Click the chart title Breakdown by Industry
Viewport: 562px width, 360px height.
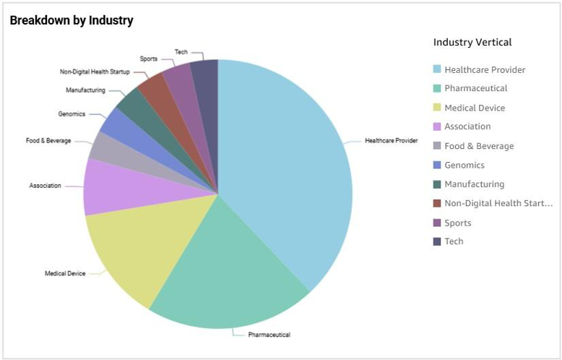(x=72, y=20)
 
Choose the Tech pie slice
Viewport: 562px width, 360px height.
(x=205, y=80)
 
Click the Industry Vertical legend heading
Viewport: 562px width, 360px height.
(x=472, y=42)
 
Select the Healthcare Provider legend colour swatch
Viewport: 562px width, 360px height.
(x=436, y=69)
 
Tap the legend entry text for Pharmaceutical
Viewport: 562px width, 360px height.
(x=476, y=88)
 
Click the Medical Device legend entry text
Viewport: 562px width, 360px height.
(x=475, y=108)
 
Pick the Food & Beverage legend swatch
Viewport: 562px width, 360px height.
(x=436, y=146)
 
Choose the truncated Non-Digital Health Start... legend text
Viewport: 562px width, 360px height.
(x=498, y=203)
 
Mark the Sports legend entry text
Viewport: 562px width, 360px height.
(x=458, y=223)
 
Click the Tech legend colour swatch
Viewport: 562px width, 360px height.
(x=436, y=241)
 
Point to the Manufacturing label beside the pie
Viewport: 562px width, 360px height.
(x=85, y=90)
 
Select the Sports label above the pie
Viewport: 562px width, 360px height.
(x=148, y=59)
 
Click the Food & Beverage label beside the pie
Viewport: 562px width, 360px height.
(x=48, y=140)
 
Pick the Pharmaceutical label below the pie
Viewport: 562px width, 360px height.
(x=269, y=335)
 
